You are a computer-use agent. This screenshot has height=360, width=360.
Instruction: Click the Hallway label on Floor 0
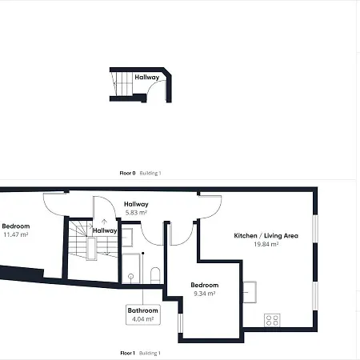point(147,77)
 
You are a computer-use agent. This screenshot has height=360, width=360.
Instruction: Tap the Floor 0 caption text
point(127,173)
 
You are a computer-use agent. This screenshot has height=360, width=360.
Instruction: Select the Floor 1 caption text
point(127,353)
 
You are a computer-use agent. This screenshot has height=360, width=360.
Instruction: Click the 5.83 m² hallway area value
point(136,213)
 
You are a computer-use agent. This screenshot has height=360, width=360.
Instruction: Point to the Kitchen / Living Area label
point(266,236)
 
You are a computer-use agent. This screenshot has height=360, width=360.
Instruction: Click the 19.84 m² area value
point(266,244)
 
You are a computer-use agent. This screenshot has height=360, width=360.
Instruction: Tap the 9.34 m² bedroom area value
point(205,294)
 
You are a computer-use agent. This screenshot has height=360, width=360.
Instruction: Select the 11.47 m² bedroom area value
point(16,234)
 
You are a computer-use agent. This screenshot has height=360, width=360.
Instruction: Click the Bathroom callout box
point(143,314)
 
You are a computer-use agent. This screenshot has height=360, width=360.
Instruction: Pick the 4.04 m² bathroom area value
point(143,319)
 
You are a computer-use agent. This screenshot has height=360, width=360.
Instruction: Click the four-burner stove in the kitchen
point(272,320)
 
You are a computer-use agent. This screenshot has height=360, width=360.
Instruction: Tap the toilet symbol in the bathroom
point(155,275)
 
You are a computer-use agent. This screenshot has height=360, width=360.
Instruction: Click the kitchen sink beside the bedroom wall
point(250,292)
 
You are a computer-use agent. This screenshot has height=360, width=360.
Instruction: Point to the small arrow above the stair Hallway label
point(105,222)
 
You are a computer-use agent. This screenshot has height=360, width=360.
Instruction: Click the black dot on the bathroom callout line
point(143,253)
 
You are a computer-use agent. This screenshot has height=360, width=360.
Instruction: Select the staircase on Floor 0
point(122,83)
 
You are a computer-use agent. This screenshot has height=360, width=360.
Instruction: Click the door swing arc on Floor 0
point(154,86)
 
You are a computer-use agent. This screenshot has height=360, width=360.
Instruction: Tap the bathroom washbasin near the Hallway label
point(127,238)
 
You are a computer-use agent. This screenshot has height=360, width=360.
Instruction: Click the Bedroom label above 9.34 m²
point(205,285)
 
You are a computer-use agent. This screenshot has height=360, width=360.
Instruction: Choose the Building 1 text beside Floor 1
point(150,353)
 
